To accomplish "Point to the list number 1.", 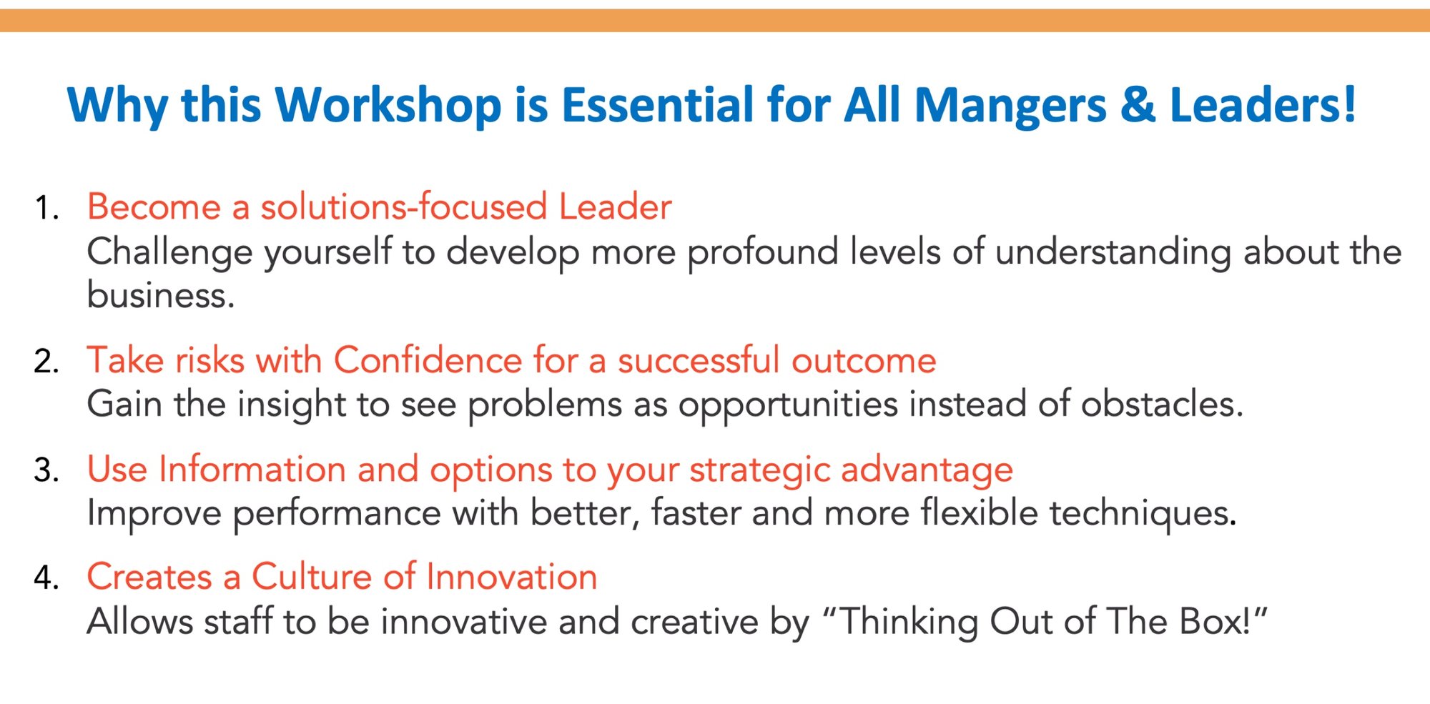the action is point(46,208).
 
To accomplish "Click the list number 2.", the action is point(46,361).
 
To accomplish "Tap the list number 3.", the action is point(46,470).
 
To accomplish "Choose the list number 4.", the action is point(46,577).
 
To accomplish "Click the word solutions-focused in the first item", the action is point(404,207).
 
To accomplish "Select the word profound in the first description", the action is point(763,252).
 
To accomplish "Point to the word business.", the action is point(161,295).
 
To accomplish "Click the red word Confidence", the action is point(428,360).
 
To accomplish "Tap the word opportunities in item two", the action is point(788,405).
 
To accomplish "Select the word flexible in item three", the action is point(979,513).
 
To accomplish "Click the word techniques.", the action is point(1143,514).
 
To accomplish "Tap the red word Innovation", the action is point(512,577).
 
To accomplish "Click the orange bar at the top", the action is point(715,20).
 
